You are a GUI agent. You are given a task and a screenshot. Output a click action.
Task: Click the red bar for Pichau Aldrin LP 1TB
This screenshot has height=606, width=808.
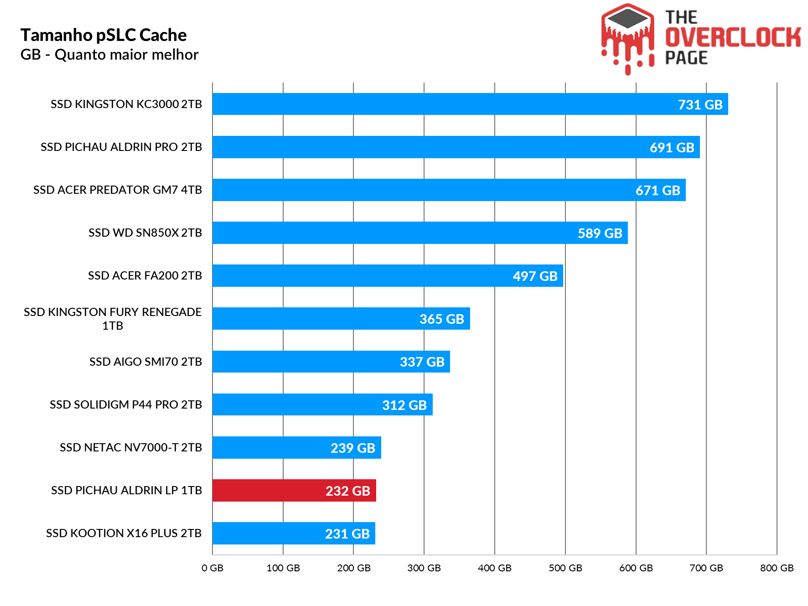pyautogui.click(x=294, y=490)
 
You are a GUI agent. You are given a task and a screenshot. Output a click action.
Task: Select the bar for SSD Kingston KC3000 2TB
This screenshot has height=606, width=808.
pyautogui.click(x=470, y=104)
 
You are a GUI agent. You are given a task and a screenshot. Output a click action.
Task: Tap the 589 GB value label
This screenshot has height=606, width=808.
pyautogui.click(x=600, y=233)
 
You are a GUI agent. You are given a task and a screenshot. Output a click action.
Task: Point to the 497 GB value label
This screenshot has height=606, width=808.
pyautogui.click(x=535, y=276)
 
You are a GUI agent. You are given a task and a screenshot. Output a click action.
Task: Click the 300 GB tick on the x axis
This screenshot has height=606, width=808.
pyautogui.click(x=424, y=568)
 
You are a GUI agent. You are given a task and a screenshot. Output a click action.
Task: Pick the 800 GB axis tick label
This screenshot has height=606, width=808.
pyautogui.click(x=777, y=568)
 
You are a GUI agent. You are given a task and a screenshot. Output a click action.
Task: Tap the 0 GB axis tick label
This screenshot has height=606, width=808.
pyautogui.click(x=212, y=568)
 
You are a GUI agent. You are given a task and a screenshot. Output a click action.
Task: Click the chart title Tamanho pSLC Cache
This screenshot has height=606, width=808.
pyautogui.click(x=104, y=35)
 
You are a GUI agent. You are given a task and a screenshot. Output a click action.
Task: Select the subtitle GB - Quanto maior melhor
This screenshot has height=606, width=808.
pyautogui.click(x=109, y=55)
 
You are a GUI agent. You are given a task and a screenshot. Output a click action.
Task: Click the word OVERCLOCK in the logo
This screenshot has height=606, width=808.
pyautogui.click(x=732, y=37)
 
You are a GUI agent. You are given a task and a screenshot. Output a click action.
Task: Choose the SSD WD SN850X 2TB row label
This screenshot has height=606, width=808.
pyautogui.click(x=145, y=233)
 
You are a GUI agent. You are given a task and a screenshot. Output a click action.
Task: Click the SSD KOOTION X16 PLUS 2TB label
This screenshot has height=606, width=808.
pyautogui.click(x=124, y=533)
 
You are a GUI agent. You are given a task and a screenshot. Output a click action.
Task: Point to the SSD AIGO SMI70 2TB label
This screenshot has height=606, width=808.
pyautogui.click(x=145, y=362)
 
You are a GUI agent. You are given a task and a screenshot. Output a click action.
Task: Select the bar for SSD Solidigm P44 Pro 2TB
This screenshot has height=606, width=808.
pyautogui.click(x=322, y=404)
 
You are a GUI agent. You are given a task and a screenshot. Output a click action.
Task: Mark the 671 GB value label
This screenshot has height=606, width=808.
pyautogui.click(x=658, y=190)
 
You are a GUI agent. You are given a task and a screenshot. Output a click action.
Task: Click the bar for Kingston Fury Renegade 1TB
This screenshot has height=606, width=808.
pyautogui.click(x=341, y=318)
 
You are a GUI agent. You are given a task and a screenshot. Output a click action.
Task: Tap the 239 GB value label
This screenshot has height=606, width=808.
pyautogui.click(x=352, y=448)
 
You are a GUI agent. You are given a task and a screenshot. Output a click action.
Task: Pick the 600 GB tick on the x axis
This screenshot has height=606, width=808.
pyautogui.click(x=636, y=568)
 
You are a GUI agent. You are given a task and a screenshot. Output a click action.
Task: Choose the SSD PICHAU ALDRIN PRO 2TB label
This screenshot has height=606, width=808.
pyautogui.click(x=121, y=147)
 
